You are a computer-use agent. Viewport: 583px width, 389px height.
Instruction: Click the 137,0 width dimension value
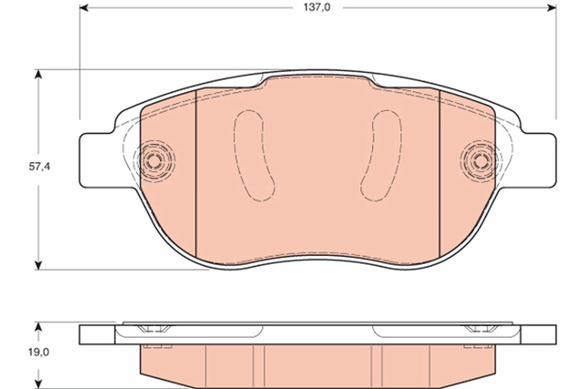(317, 8)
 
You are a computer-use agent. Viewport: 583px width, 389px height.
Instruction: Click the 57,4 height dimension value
(39, 166)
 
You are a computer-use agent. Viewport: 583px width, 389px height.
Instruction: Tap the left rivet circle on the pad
(155, 160)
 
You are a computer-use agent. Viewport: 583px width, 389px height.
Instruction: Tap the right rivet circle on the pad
(480, 160)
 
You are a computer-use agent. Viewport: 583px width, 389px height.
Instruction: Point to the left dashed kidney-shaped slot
(254, 156)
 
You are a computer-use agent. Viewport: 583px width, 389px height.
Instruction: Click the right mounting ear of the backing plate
(539, 160)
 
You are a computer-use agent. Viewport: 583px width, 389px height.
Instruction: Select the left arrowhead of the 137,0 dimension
(84, 8)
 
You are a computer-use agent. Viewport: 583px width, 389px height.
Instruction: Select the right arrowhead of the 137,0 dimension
(551, 8)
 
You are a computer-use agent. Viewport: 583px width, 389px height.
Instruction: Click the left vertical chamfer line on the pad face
(195, 175)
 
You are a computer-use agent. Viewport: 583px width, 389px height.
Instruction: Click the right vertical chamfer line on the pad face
(439, 175)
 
